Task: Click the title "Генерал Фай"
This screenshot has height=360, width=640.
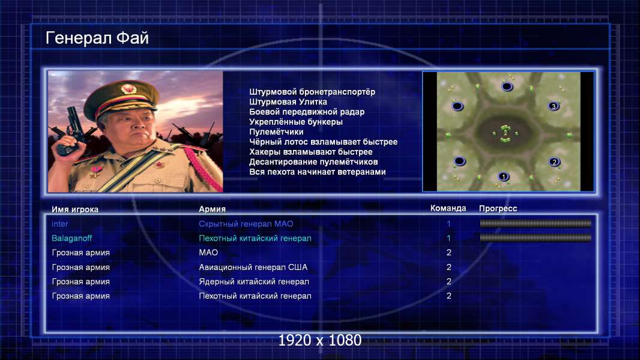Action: click(97, 38)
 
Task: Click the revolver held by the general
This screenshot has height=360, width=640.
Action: click(70, 130)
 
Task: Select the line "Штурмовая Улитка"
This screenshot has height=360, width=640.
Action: click(288, 102)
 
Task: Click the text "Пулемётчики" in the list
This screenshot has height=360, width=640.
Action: click(276, 131)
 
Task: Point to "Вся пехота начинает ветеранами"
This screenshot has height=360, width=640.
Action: click(317, 172)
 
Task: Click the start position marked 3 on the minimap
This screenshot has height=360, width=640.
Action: click(554, 106)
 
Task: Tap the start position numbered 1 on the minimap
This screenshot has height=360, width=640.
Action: click(504, 176)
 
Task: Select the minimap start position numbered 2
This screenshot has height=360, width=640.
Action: click(554, 162)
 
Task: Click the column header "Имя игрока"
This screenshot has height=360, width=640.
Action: click(74, 209)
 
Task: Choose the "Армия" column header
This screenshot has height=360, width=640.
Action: click(213, 209)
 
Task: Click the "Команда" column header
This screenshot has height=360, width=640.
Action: click(448, 208)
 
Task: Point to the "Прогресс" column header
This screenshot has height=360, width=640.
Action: click(498, 209)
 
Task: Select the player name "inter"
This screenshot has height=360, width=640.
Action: click(59, 224)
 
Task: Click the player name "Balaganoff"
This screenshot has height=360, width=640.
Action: click(72, 238)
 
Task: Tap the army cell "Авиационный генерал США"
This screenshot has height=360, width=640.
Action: click(253, 267)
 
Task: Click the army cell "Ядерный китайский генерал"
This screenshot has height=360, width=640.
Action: click(254, 281)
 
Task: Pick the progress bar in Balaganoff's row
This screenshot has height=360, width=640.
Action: click(536, 238)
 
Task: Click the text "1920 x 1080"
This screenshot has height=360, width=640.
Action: click(320, 340)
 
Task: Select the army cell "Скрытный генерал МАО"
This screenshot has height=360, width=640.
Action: click(246, 224)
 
